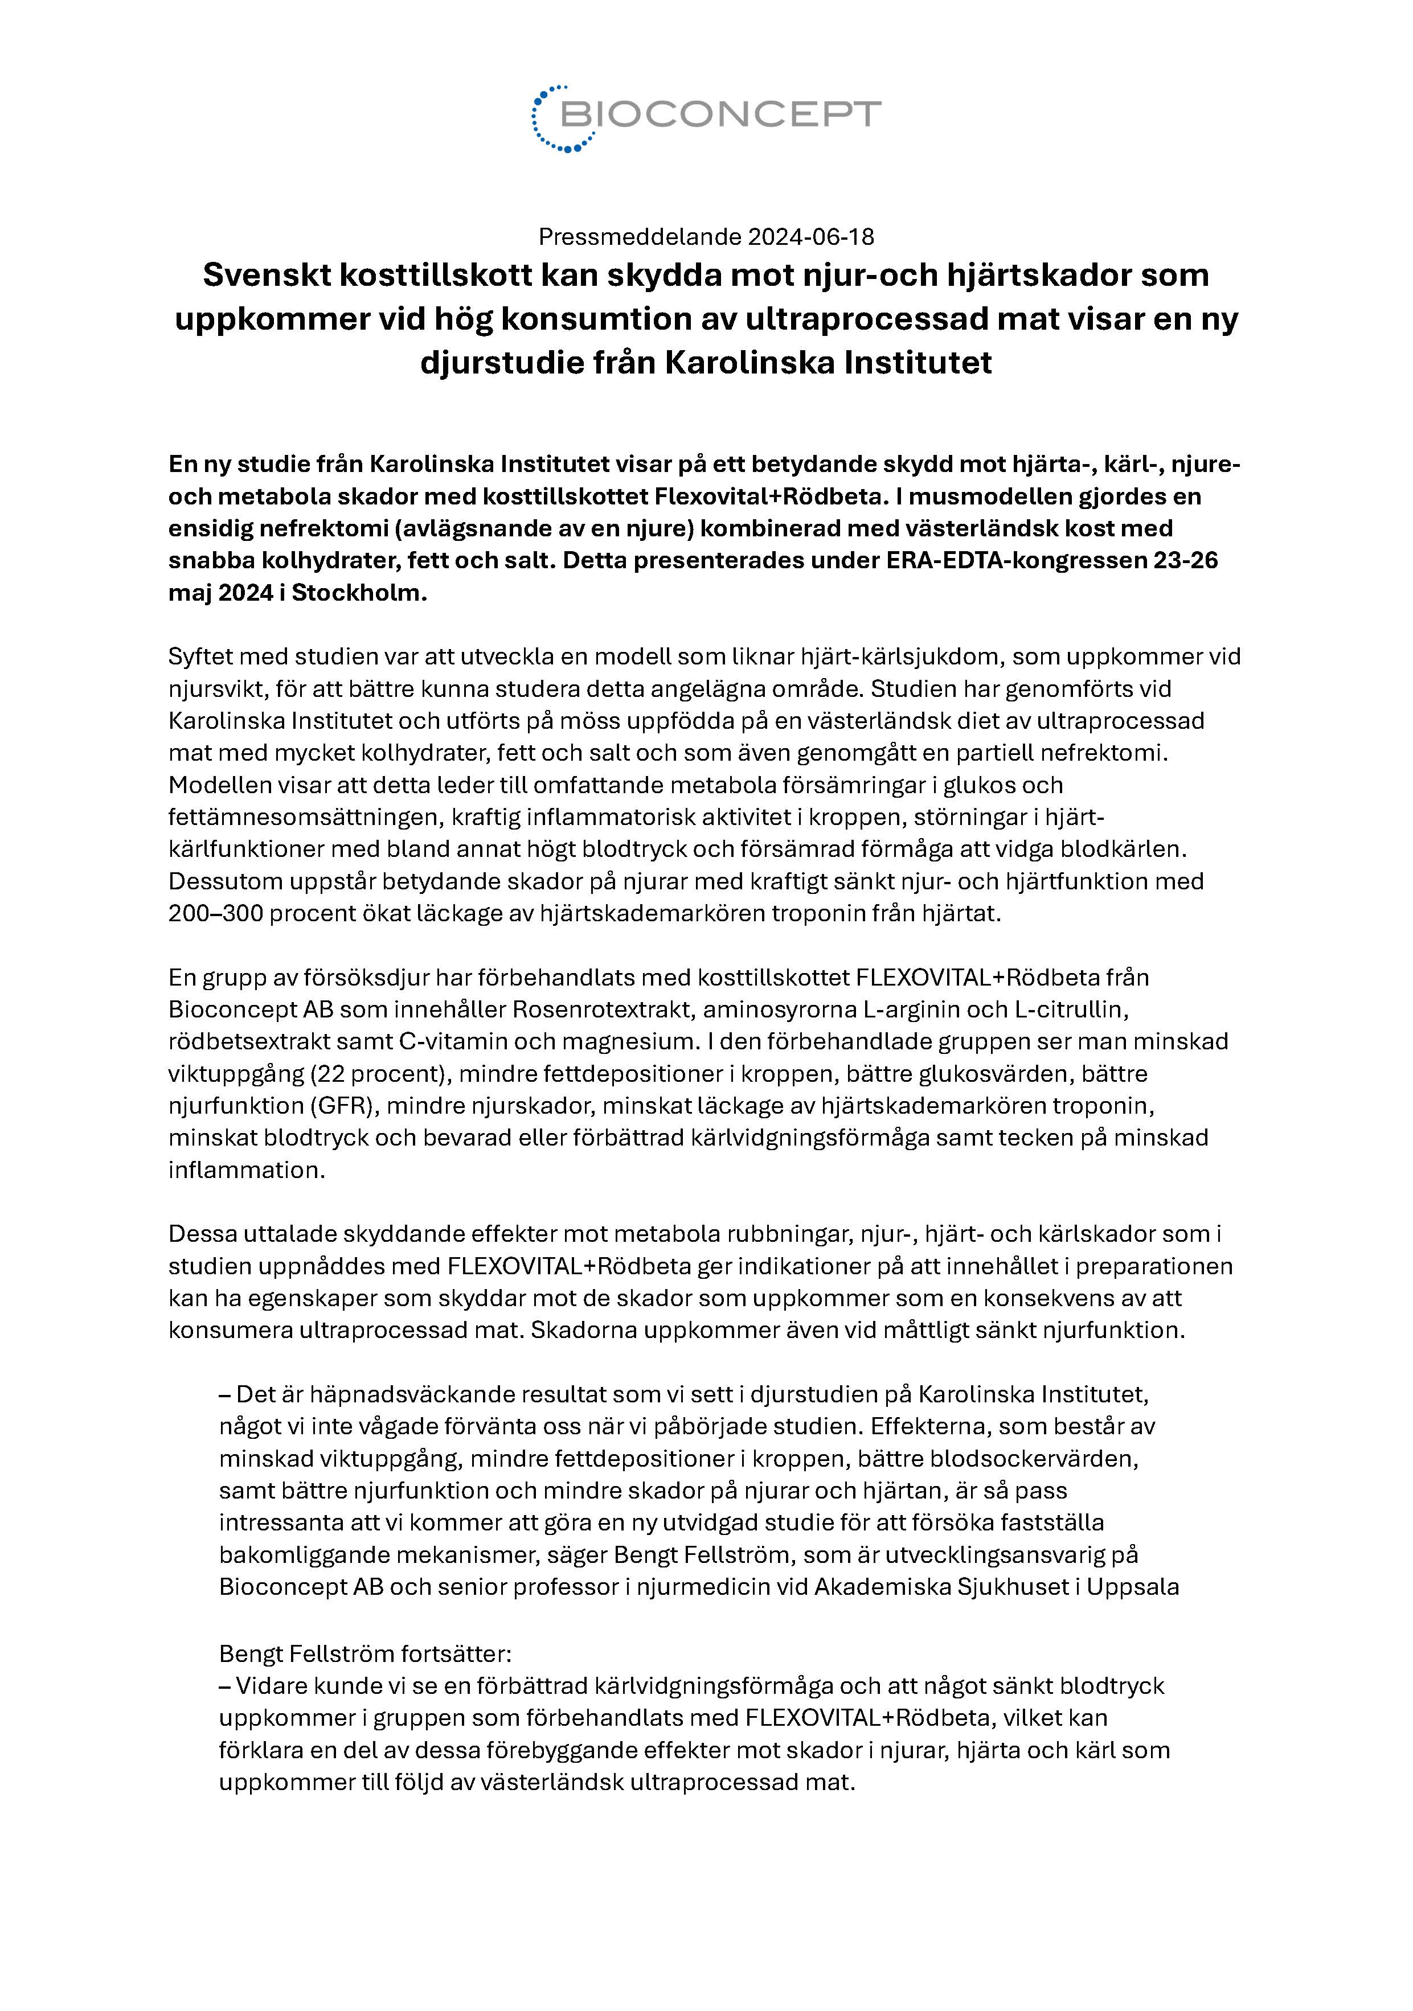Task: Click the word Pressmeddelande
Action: pyautogui.click(x=640, y=236)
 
